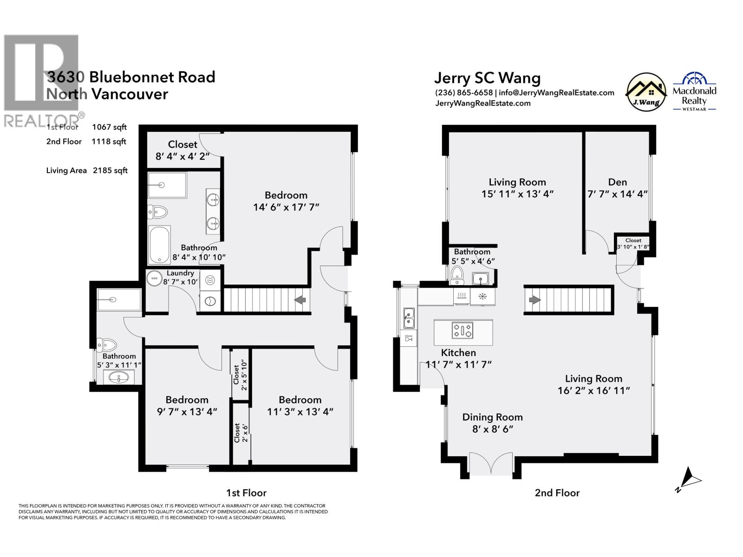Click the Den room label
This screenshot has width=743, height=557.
(617, 182)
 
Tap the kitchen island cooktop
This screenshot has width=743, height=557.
(463, 331)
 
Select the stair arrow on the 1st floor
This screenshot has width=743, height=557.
(300, 300)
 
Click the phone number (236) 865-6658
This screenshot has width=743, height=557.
(463, 92)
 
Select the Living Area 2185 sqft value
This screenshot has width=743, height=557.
(110, 170)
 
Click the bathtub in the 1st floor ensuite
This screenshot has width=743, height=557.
(159, 245)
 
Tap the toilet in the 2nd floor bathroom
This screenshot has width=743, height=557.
(457, 275)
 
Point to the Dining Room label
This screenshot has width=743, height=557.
(492, 417)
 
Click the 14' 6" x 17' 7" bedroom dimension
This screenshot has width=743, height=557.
(286, 207)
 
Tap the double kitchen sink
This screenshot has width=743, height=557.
(409, 317)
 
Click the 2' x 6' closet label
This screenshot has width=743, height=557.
(237, 433)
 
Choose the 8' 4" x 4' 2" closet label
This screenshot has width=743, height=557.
(182, 156)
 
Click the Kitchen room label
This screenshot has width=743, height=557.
(458, 353)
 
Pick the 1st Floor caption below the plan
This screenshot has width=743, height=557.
(246, 492)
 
